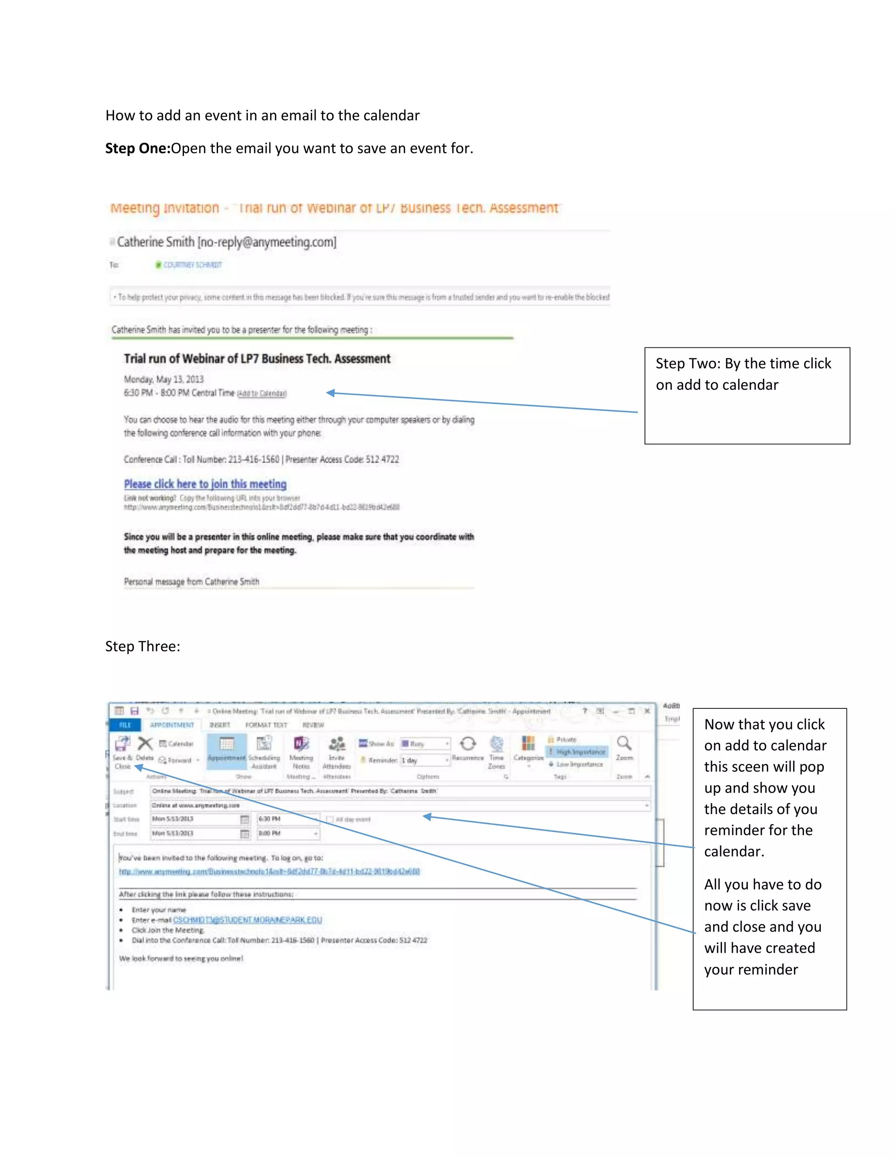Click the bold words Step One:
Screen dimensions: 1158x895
[x=137, y=149]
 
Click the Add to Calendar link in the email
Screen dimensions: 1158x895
[x=261, y=393]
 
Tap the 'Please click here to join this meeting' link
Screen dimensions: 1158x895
[x=205, y=484]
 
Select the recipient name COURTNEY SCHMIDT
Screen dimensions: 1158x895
[x=192, y=264]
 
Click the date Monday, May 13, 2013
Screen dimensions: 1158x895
[x=164, y=380]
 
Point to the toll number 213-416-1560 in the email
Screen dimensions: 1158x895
[x=253, y=460]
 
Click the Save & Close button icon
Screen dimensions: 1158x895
[x=122, y=744]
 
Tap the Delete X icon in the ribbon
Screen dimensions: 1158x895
[x=145, y=744]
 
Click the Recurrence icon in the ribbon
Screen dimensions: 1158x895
[x=468, y=744]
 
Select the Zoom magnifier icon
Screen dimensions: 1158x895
[x=624, y=743]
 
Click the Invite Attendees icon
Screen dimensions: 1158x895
[x=336, y=744]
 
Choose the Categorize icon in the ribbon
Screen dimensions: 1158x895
[x=528, y=743]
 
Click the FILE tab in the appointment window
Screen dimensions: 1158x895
[x=125, y=725]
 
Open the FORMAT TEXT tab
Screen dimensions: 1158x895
[x=266, y=725]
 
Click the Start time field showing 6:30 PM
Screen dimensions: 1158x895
[x=287, y=819]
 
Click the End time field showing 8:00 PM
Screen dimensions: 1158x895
[x=287, y=833]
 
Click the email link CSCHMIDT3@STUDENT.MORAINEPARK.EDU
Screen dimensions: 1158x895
[x=248, y=920]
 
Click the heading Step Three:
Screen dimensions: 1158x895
[x=142, y=646]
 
